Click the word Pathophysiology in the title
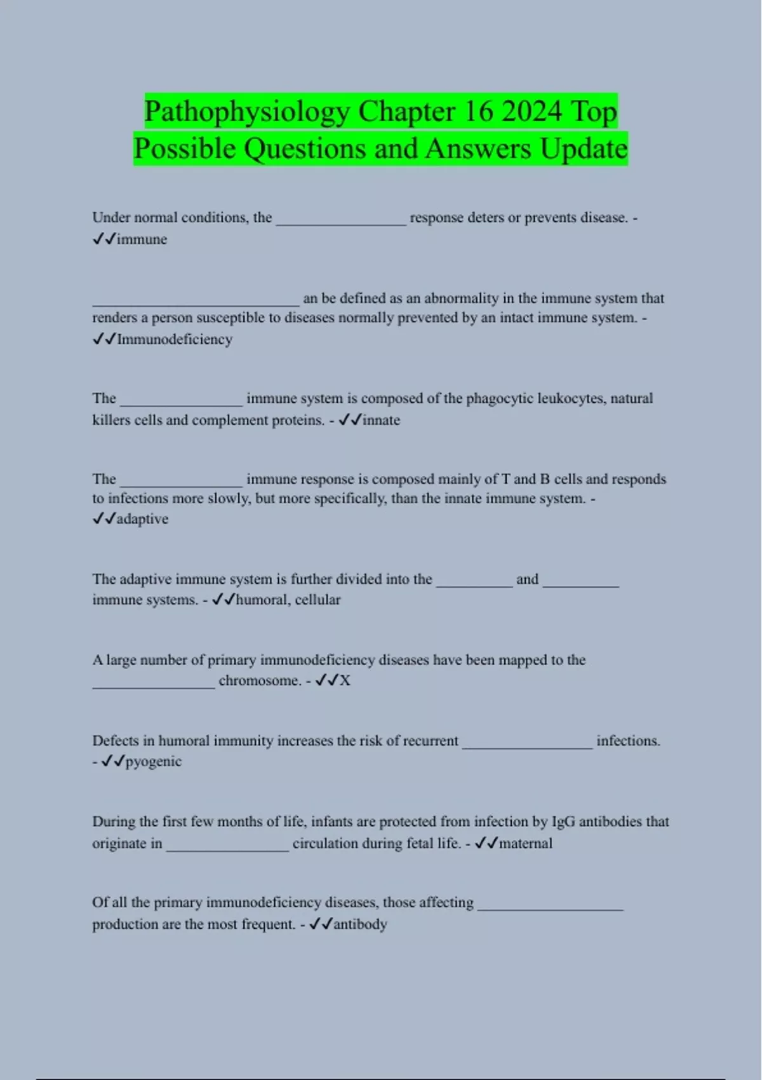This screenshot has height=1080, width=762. point(246,112)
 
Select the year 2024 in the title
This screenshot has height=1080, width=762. point(532,111)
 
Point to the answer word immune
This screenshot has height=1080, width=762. point(142,240)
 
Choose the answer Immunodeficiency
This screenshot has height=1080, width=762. point(175,339)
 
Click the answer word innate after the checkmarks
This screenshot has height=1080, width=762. point(381,420)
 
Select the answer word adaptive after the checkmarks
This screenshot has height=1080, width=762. point(142,519)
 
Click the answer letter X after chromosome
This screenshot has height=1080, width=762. point(345,680)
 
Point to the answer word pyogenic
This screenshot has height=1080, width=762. point(154,761)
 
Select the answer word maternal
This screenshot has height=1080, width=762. point(526,843)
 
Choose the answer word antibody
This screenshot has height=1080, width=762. point(360,924)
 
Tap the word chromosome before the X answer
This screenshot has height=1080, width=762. point(259,680)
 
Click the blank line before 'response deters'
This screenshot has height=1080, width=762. point(341,222)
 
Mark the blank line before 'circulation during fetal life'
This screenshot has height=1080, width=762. point(227,848)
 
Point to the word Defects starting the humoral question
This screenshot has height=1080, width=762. point(116,741)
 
